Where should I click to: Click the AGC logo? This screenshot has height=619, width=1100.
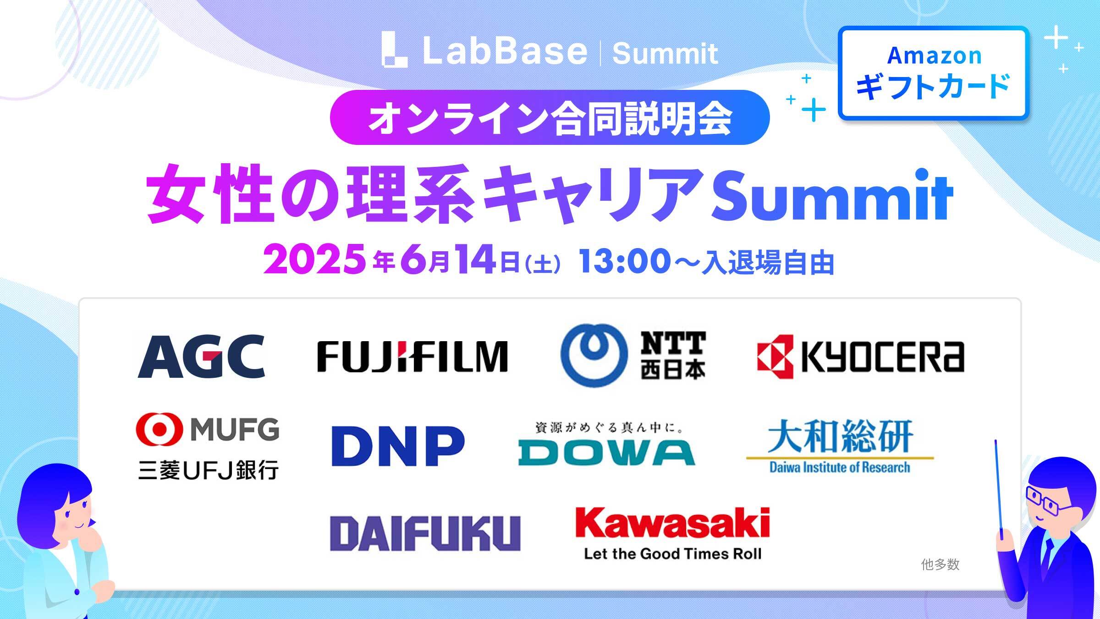[x=201, y=356]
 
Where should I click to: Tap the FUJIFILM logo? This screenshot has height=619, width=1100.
[x=412, y=356]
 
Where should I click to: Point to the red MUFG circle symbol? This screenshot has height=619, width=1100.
[x=159, y=429]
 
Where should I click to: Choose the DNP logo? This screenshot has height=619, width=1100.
[x=398, y=446]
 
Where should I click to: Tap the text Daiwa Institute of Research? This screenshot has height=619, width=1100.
[x=840, y=467]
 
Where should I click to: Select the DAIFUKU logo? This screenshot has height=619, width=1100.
[x=425, y=533]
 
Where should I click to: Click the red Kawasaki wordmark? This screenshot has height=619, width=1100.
[x=672, y=523]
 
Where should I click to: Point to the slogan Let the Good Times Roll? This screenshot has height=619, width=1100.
[x=673, y=554]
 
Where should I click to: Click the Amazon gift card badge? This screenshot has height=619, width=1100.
[x=934, y=73]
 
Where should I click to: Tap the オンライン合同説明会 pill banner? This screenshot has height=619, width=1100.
[x=550, y=117]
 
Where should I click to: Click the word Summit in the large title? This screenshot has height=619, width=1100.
[x=831, y=196]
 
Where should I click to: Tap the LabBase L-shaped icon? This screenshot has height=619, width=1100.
[x=394, y=50]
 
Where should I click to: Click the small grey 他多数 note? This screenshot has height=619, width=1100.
[x=940, y=564]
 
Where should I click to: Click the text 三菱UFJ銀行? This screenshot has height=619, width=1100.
[x=208, y=470]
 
